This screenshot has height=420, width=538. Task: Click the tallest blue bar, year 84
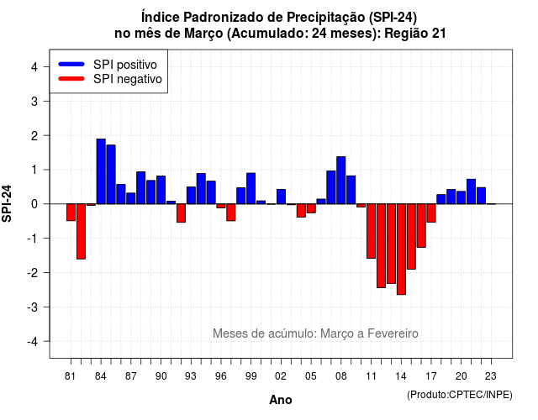101,171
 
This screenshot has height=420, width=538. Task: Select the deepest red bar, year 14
401,249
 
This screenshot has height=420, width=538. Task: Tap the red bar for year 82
81,232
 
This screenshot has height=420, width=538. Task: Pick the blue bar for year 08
341,181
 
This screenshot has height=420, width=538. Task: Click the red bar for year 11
372,231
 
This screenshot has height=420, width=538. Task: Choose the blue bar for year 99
251,188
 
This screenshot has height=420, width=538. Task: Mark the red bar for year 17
431,213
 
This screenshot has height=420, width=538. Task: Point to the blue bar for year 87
131,198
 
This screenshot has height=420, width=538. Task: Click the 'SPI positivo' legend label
125,65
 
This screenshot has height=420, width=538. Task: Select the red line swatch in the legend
71,78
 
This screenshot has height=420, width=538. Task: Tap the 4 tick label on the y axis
34,67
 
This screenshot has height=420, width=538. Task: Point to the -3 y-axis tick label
33,307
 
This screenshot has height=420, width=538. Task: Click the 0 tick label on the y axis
34,204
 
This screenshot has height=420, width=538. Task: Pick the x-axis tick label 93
191,376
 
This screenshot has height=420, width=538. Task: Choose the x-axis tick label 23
491,376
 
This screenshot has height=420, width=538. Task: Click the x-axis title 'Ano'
281,400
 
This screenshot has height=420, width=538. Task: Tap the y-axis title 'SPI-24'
7,203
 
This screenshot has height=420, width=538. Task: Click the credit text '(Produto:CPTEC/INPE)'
460,395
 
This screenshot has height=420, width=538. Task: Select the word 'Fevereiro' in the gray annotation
393,333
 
